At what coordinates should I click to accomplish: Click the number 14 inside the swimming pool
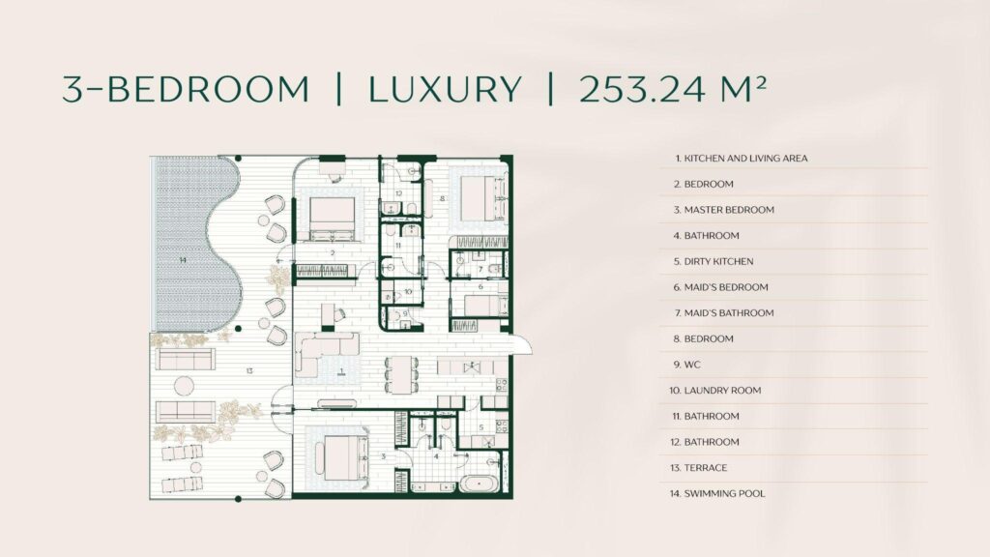pos(183,260)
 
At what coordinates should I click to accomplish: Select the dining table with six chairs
pos(401,374)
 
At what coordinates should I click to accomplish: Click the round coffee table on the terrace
pos(184,385)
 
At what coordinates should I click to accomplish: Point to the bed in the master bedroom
pos(337,457)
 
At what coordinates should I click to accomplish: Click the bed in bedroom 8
pos(483,197)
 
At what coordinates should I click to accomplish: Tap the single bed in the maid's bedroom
pos(485,306)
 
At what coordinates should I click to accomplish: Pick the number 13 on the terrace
pos(249,370)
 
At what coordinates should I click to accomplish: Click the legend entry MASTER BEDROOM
pos(723,210)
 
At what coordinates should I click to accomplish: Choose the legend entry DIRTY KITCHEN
pos(713,261)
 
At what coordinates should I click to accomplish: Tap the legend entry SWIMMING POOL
pos(717,494)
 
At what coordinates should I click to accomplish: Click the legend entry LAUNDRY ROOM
pos(715,391)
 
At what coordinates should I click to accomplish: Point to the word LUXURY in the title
pos(445,89)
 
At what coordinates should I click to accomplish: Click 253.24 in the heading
pos(642,89)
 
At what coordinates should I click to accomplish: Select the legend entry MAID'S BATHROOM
pos(723,313)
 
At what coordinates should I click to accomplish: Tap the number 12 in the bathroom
pos(399,193)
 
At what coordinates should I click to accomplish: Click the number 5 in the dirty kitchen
pos(481,427)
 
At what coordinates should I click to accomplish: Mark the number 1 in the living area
pos(341,371)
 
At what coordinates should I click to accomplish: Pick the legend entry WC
pos(687,365)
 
